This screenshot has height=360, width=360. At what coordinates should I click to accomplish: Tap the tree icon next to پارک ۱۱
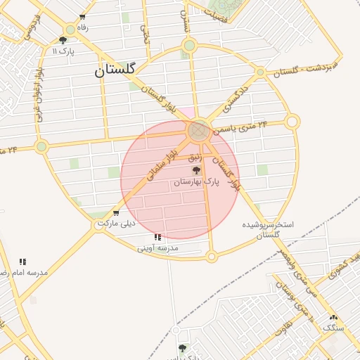coord(63,41)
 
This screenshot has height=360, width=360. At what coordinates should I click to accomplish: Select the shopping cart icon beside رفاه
coord(83,17)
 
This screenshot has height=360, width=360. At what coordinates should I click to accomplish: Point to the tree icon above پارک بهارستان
coord(196,170)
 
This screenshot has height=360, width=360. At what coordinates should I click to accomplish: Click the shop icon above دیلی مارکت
coord(116,212)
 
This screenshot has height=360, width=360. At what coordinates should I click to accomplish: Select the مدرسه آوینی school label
coord(158,247)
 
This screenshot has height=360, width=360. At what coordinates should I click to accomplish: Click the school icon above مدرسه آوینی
coord(157,238)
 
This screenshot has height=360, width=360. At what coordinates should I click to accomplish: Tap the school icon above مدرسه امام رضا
coord(22,262)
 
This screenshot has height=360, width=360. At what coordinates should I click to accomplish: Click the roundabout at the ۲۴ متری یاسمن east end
coord(292,122)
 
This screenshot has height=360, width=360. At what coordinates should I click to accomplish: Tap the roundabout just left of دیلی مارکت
coord(99,226)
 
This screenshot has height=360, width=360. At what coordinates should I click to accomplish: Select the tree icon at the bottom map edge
coord(183,348)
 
